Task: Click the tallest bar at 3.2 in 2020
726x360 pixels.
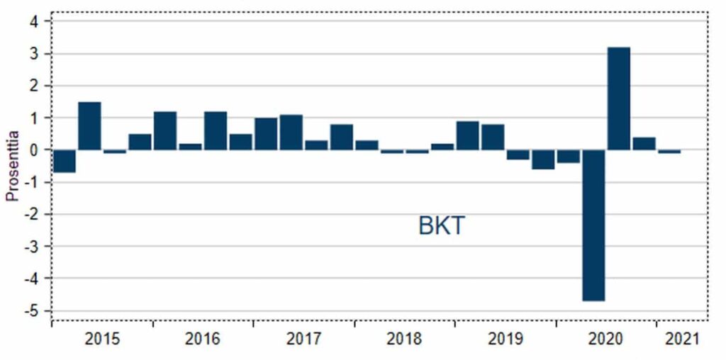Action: [618, 99]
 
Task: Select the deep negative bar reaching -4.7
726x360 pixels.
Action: [593, 225]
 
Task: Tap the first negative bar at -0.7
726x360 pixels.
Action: [65, 161]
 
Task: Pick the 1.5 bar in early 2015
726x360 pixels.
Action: [89, 126]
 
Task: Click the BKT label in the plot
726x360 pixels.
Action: [441, 227]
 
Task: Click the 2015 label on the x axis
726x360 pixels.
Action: [102, 339]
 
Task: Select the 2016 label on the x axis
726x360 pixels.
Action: [203, 339]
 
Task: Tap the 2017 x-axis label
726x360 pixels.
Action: [304, 339]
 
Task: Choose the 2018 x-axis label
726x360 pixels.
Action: [404, 339]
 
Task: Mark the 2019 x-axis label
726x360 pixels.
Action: [506, 339]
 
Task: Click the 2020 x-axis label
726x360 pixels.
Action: [606, 339]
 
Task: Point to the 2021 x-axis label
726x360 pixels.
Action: [681, 339]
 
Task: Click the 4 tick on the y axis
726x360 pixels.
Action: [33, 21]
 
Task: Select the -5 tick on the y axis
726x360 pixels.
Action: [32, 310]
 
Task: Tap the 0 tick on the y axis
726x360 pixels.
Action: [33, 150]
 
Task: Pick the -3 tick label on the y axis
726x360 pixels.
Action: [32, 246]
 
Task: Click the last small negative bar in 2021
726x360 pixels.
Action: [669, 152]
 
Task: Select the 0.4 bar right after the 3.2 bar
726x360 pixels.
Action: [644, 143]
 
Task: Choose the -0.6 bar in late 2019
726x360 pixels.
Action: [543, 159]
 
